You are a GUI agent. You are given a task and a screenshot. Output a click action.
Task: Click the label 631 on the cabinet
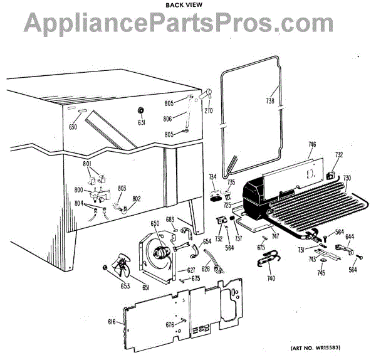(x=142, y=122)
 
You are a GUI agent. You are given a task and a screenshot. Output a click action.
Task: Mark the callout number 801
(x=86, y=164)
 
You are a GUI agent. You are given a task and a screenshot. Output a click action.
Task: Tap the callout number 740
(x=271, y=278)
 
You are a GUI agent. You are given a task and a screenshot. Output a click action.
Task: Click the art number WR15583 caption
(x=333, y=349)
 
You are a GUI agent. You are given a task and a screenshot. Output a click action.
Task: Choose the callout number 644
(x=349, y=237)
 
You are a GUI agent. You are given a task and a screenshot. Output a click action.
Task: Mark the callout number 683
(x=169, y=219)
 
